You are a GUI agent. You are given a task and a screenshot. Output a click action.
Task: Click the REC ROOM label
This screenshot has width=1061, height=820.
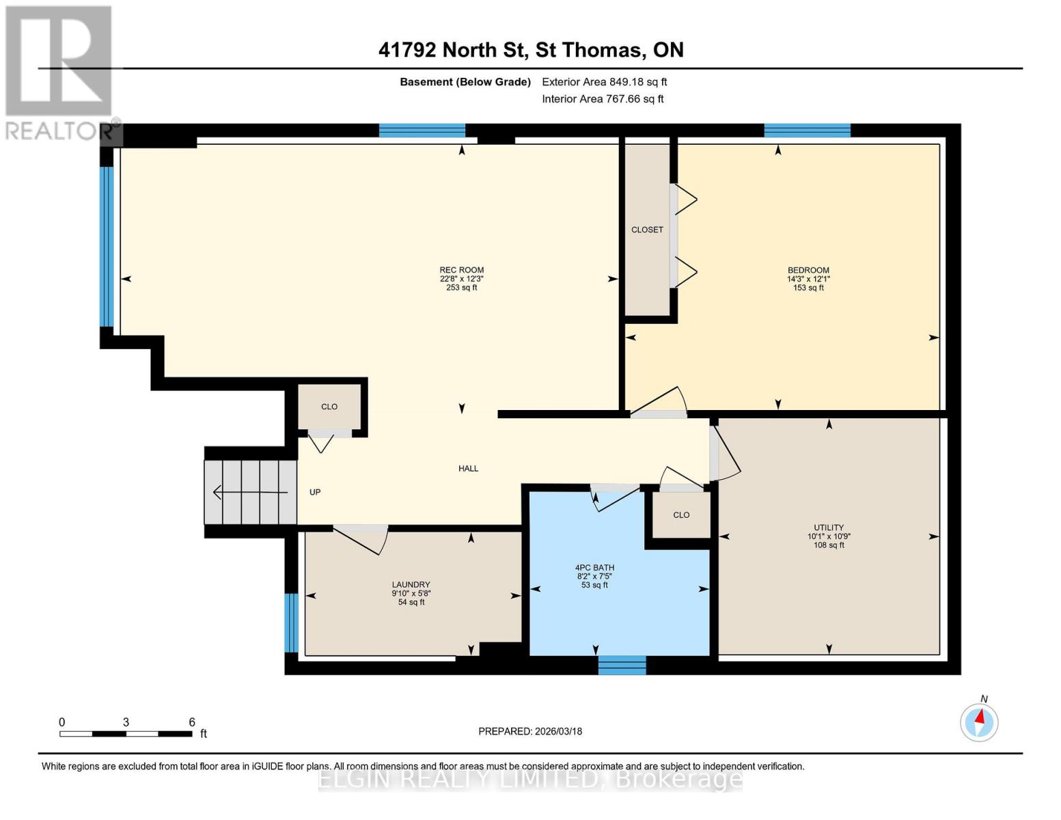(x=461, y=270)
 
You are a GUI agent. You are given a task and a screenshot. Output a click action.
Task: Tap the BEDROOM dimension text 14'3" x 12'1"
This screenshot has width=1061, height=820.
(x=808, y=279)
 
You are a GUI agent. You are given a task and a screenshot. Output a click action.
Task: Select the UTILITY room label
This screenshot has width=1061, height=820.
(x=829, y=528)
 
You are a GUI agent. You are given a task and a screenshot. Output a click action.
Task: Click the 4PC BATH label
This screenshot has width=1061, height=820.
(x=594, y=568)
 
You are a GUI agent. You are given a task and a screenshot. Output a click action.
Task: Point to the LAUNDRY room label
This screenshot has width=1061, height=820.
(x=411, y=585)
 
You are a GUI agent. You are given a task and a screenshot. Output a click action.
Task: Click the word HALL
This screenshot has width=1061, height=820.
(x=468, y=469)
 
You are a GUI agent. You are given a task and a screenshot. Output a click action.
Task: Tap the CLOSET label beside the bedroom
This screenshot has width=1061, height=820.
(x=647, y=230)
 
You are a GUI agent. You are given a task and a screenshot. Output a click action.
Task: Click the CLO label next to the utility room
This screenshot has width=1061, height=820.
(x=681, y=515)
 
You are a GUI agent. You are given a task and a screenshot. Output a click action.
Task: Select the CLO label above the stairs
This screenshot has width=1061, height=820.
(x=329, y=407)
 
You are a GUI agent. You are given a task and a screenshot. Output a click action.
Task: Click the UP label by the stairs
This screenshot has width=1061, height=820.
(x=315, y=492)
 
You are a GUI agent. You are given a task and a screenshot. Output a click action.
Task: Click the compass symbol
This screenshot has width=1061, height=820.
(x=979, y=722)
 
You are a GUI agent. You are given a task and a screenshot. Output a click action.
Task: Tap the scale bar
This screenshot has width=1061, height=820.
(x=126, y=734)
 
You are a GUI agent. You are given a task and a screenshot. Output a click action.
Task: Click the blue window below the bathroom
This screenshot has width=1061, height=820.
(x=622, y=665)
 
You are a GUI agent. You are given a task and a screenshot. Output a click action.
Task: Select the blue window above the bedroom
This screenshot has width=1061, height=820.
(x=807, y=131)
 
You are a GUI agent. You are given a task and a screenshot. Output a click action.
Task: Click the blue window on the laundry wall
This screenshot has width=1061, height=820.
(x=291, y=623)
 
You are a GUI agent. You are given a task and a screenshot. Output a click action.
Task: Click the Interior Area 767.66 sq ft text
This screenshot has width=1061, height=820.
(x=603, y=99)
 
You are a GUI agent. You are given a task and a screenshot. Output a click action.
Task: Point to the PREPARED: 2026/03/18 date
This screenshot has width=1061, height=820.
(x=530, y=731)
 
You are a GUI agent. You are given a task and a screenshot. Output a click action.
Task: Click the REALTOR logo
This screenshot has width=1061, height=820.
(x=59, y=72)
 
